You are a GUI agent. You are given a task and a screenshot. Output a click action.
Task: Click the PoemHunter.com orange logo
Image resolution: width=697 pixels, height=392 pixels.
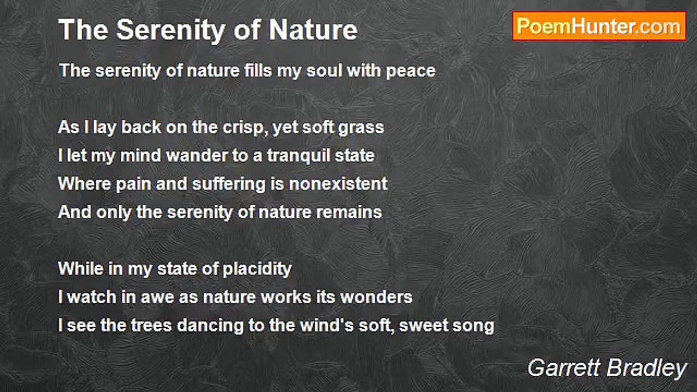point(599,27)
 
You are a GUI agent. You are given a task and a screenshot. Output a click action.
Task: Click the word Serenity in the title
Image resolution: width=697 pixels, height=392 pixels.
point(170,30)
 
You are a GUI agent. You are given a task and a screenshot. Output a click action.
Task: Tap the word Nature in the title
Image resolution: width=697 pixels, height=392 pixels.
point(313,30)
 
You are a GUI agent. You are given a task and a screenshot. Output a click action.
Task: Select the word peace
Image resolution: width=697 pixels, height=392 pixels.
point(411,71)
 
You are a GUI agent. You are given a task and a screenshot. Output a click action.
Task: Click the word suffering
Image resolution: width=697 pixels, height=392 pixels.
point(229,184)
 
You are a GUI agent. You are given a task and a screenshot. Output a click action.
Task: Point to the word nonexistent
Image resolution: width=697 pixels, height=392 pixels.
point(338,183)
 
